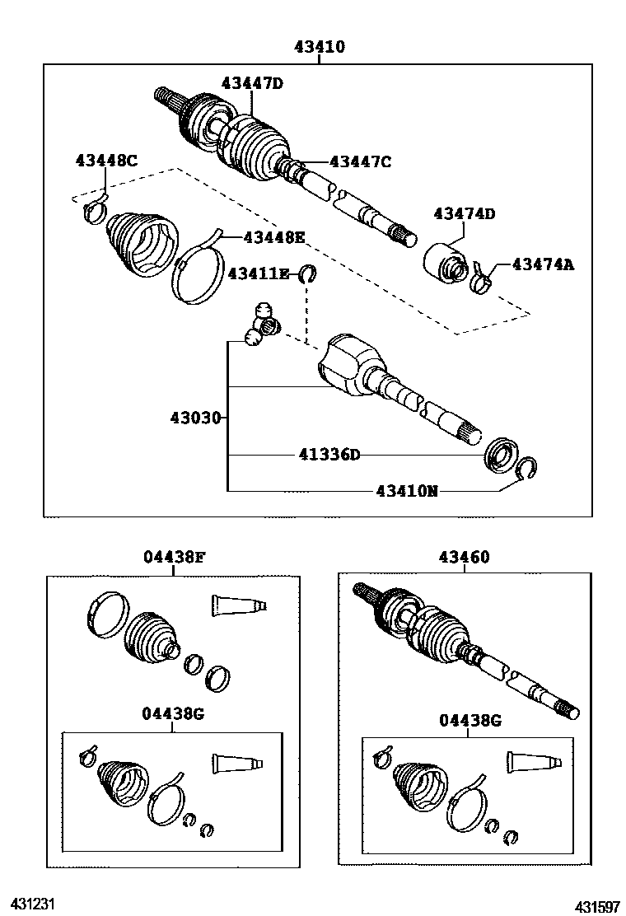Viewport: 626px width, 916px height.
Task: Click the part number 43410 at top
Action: click(x=319, y=48)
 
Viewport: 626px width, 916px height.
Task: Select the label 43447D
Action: click(x=251, y=82)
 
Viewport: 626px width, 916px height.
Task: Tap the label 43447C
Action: click(x=360, y=161)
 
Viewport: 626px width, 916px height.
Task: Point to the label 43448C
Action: click(x=106, y=161)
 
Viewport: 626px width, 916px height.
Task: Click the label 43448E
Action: click(x=273, y=237)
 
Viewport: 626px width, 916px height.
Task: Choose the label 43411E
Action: click(x=259, y=273)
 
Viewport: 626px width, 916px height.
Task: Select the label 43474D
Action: click(x=465, y=214)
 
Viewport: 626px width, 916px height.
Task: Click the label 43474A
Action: click(x=543, y=264)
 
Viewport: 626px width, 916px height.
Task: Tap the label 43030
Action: click(x=195, y=418)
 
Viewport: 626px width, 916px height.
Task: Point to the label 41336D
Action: click(x=330, y=455)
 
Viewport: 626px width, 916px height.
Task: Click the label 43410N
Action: click(x=407, y=491)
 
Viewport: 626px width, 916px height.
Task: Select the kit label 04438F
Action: click(x=173, y=558)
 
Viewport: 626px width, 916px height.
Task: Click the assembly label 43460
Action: click(x=464, y=558)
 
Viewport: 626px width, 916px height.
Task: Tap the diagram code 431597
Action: click(x=597, y=907)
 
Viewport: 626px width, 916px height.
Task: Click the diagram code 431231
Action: click(x=32, y=904)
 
